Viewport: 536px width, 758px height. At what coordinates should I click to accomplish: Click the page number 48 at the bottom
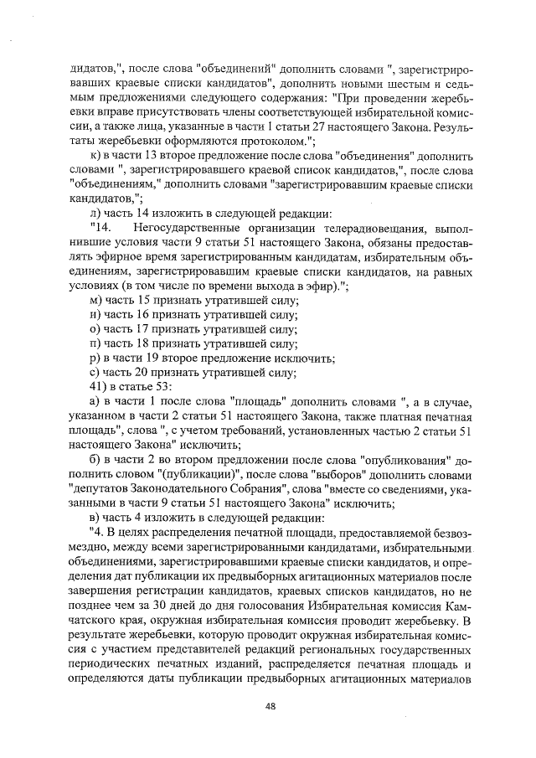point(270,705)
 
